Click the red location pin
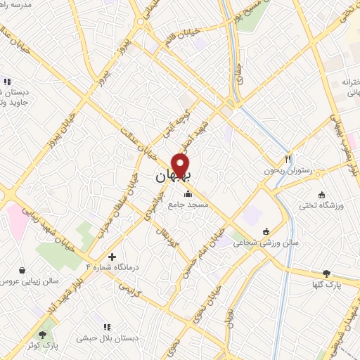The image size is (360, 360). click(181, 165)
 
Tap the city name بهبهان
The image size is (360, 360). click(172, 177)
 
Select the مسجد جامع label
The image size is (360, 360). click(188, 205)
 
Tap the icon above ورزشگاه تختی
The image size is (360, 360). click(321, 195)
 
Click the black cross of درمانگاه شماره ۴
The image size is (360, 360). click(112, 256)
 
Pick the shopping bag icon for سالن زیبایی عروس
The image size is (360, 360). click(22, 269)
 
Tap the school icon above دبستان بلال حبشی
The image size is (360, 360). click(108, 327)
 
